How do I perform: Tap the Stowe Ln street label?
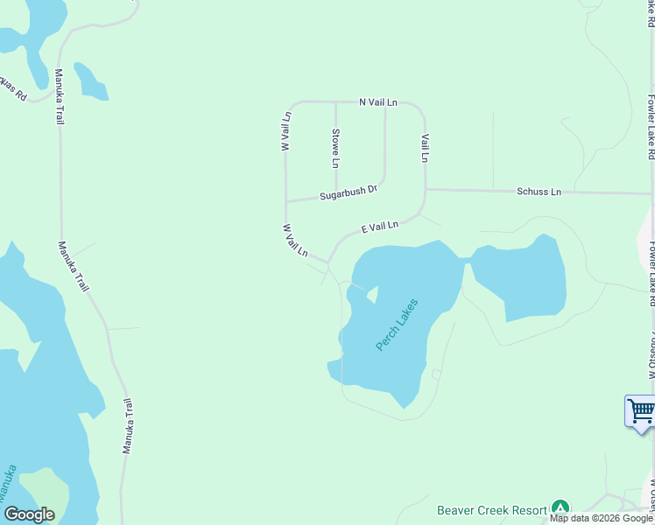pos(335,148)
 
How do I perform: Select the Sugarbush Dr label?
pos(348,192)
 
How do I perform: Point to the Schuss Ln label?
pos(539,192)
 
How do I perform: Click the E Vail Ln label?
pos(380,227)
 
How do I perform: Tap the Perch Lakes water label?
pos(397,325)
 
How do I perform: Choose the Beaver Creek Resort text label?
pos(491,509)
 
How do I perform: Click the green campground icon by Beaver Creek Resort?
pos(560,508)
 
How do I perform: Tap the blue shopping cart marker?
pos(641,410)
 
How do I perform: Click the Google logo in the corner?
pos(30,514)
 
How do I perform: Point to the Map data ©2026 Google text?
pos(602,519)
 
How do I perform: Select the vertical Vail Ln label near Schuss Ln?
pos(425,148)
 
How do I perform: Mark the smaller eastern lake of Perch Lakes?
pos(521,278)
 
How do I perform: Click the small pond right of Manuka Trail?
pos(90,81)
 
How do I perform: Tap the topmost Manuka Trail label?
pos(60,96)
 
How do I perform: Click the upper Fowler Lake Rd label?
pos(651,127)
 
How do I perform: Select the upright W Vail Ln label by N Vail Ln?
pos(285,131)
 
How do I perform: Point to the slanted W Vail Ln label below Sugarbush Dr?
pos(295,240)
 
